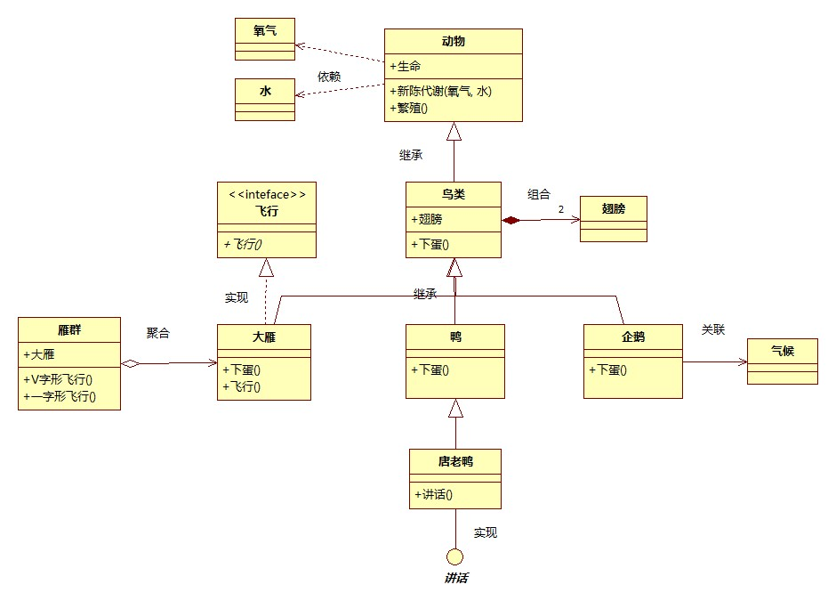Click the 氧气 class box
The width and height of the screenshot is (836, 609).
pyautogui.click(x=265, y=39)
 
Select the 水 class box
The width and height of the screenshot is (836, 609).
pyautogui.click(x=265, y=99)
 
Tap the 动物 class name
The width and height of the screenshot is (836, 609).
pyautogui.click(x=453, y=42)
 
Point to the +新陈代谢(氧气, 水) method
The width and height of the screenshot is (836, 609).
pyautogui.click(x=441, y=91)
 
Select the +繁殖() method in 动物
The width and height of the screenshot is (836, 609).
pyautogui.click(x=409, y=109)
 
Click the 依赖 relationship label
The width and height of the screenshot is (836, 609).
pyautogui.click(x=329, y=77)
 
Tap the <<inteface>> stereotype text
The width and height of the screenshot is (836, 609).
pyautogui.click(x=267, y=193)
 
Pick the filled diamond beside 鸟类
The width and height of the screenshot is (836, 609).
pyautogui.click(x=510, y=219)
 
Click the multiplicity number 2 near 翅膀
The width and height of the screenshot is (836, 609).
pyautogui.click(x=561, y=209)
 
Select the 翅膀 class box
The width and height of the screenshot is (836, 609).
pyautogui.click(x=614, y=218)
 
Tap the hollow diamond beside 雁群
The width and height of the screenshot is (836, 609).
pyautogui.click(x=130, y=363)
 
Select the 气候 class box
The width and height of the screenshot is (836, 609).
pyautogui.click(x=782, y=361)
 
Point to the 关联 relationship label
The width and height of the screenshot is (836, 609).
pyautogui.click(x=713, y=329)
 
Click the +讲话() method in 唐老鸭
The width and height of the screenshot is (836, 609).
pyautogui.click(x=434, y=495)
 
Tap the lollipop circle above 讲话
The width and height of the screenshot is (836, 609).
pyautogui.click(x=455, y=557)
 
